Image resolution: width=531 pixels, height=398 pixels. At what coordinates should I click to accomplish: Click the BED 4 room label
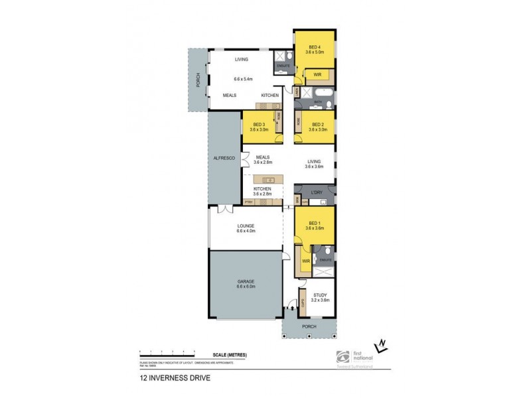point(315,47)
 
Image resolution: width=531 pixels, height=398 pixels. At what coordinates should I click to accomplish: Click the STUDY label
point(321,296)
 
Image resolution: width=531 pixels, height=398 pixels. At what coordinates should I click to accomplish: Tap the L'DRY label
point(316,192)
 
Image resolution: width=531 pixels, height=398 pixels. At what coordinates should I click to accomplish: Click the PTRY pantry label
point(249,201)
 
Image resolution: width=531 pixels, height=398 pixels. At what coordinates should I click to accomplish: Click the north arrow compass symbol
point(381,346)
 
